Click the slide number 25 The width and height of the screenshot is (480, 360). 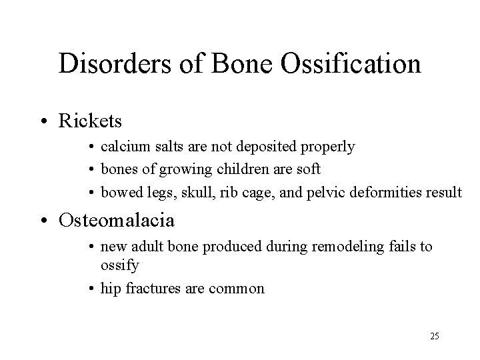[435, 336]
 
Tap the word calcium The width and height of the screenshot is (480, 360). [121, 147]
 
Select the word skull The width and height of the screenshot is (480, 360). [178, 193]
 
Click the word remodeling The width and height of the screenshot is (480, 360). [349, 247]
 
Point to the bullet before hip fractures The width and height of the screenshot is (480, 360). [92, 289]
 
